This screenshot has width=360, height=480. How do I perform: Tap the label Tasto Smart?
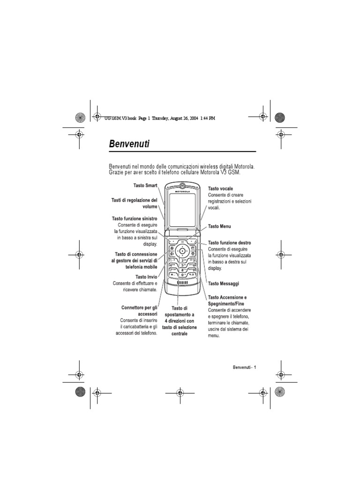(145, 186)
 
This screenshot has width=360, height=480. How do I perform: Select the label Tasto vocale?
(220, 188)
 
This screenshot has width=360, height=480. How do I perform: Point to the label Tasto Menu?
(219, 226)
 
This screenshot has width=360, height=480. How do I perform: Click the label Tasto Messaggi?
(224, 284)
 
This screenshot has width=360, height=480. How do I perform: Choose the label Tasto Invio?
(146, 277)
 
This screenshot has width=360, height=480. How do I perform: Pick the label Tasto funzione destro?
(229, 243)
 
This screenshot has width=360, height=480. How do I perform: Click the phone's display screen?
(183, 210)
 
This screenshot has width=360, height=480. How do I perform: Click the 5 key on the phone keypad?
(183, 265)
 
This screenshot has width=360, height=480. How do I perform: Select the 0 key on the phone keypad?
(183, 275)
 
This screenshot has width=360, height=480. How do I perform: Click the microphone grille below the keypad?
(183, 284)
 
